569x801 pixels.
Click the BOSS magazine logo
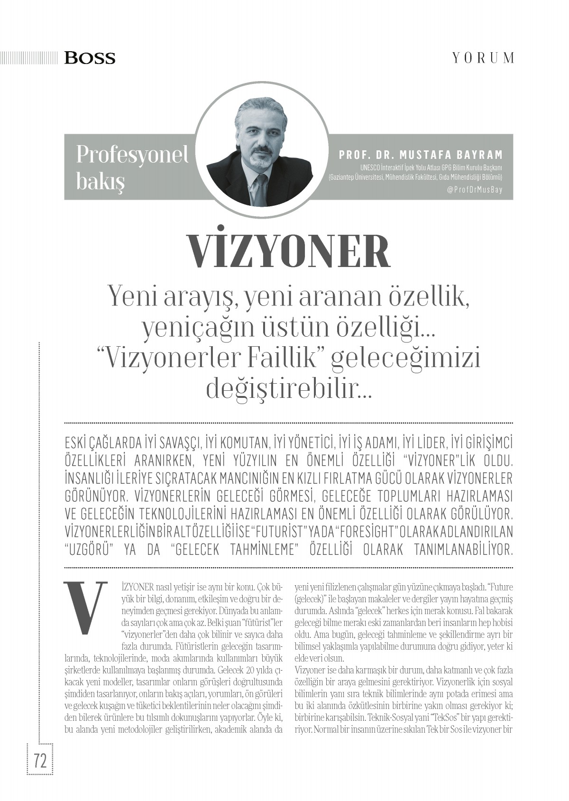pyautogui.click(x=90, y=58)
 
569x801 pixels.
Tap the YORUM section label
pyautogui.click(x=483, y=58)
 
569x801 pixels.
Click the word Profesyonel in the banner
pyautogui.click(x=132, y=154)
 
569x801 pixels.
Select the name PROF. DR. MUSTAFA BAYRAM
pyautogui.click(x=421, y=155)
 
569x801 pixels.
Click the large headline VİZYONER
pyautogui.click(x=289, y=251)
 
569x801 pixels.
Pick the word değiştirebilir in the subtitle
pyautogui.click(x=282, y=389)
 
